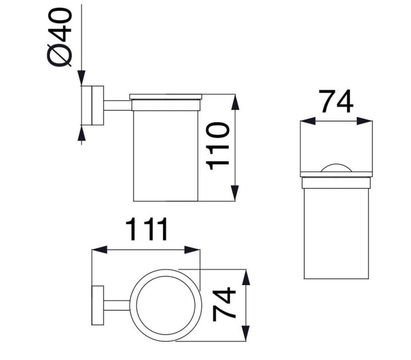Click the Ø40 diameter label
pos(59,37)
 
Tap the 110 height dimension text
pos(218,146)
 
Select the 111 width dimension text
pos(146,229)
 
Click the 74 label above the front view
pos(336,101)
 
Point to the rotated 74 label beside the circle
pos(224,305)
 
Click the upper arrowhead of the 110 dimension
pos(235,102)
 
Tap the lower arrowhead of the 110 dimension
pos(235,193)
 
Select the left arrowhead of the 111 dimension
pos(100,250)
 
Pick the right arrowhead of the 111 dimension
pos(192,250)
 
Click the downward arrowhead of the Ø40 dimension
pos(82,78)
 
